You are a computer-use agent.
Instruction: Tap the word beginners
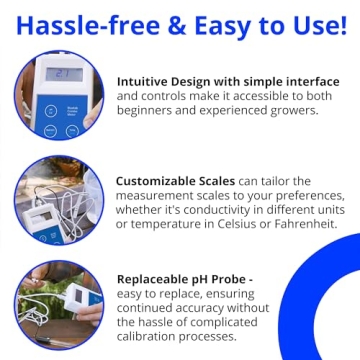point(148,111)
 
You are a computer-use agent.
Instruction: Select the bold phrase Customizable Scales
point(177,181)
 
